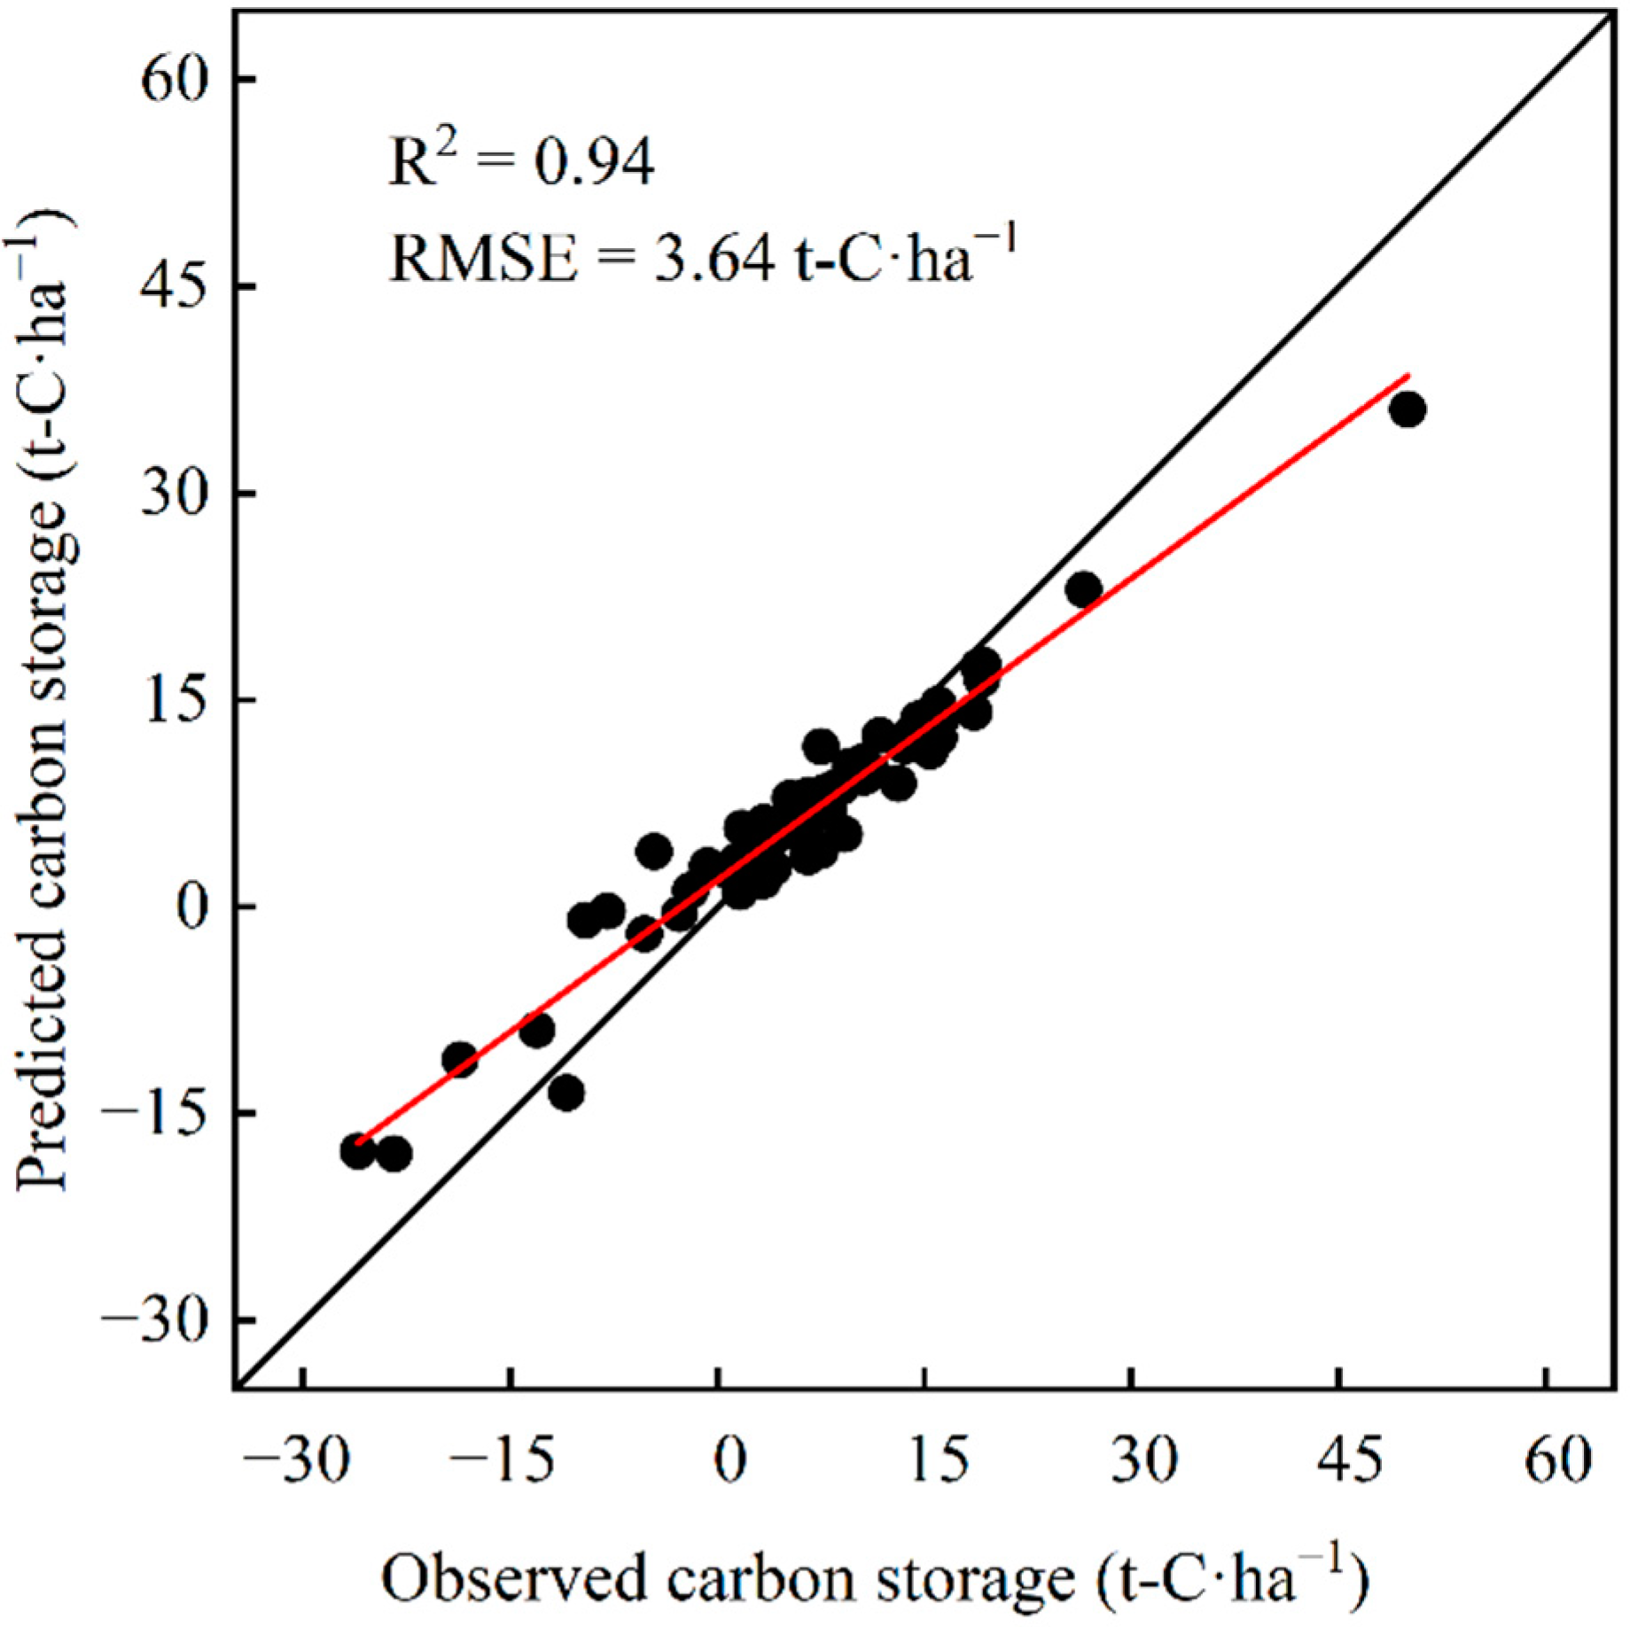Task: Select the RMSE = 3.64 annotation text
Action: (x=700, y=258)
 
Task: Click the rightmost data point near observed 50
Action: (x=1408, y=410)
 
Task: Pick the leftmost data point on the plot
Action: (x=358, y=1151)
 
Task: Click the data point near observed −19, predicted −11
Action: (x=460, y=1059)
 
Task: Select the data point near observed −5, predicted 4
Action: (x=654, y=852)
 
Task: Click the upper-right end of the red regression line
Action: (x=1408, y=376)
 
